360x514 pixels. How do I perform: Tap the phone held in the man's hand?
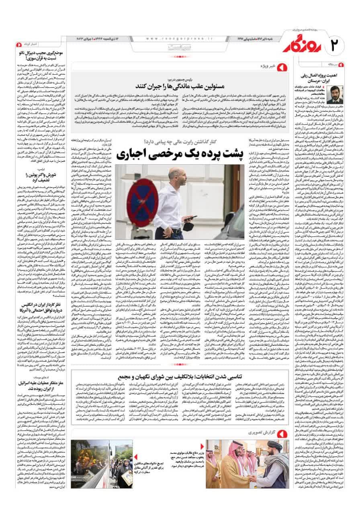tap(187, 217)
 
